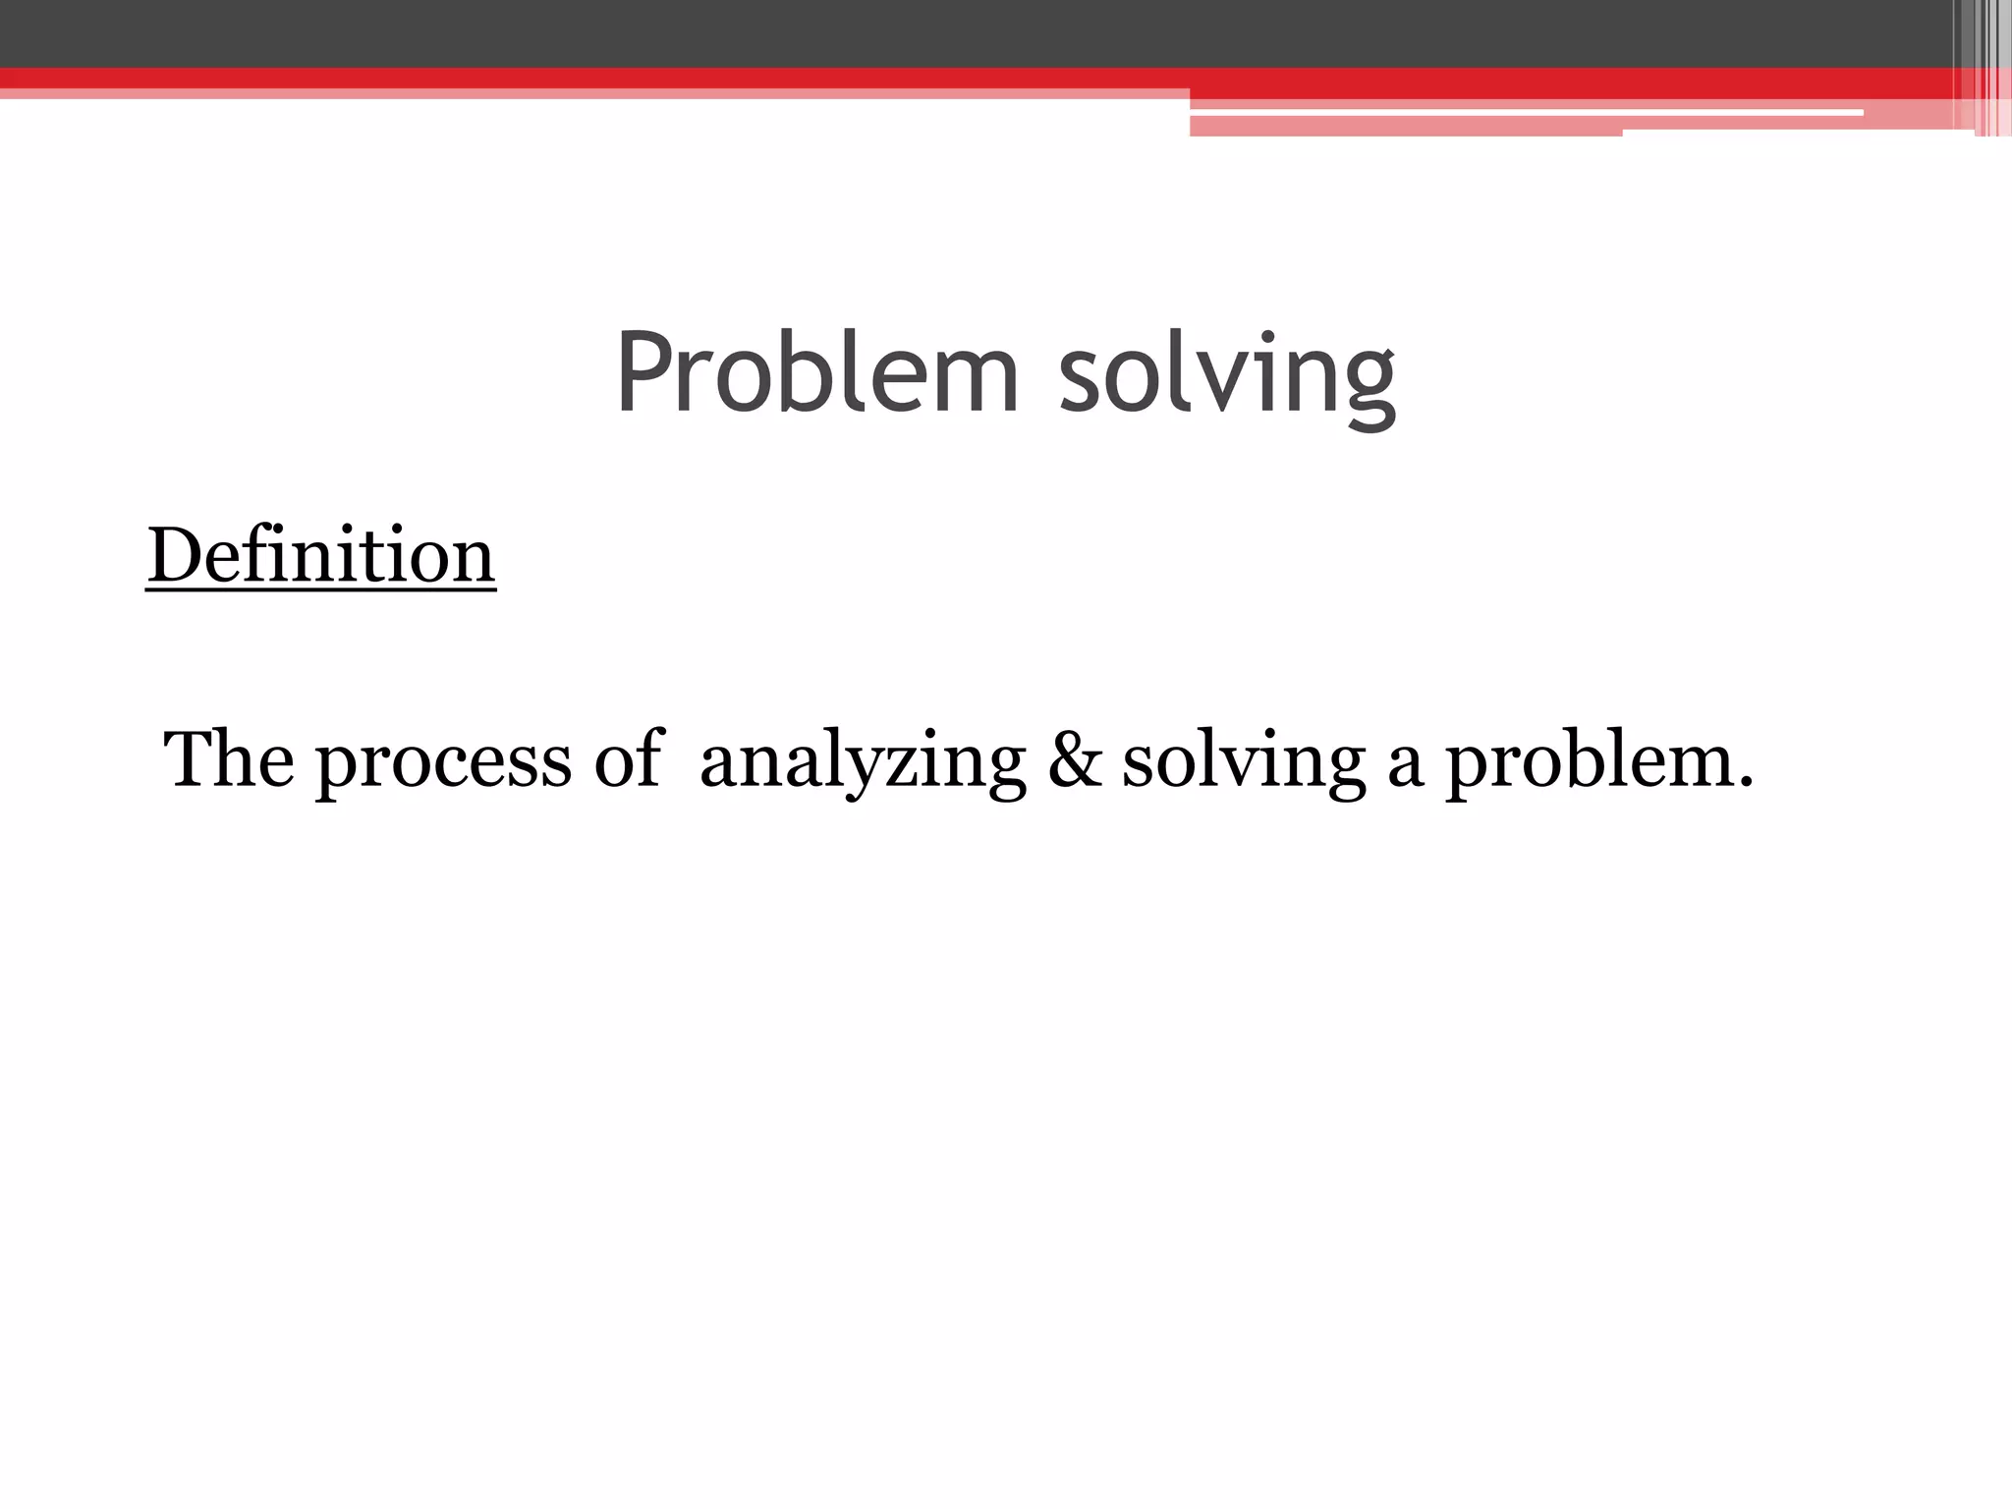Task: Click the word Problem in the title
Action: (x=817, y=373)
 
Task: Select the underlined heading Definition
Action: (x=321, y=556)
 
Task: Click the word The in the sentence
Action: (x=229, y=758)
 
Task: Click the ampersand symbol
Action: (x=1075, y=760)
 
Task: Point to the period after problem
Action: (x=1745, y=784)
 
